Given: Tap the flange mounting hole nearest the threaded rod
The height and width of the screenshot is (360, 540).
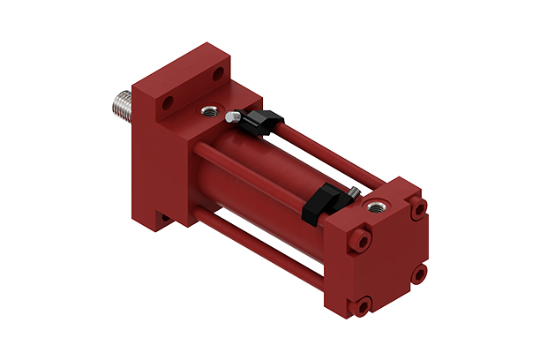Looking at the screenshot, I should (166, 105).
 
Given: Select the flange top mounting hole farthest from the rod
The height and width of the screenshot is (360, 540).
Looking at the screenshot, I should (215, 73).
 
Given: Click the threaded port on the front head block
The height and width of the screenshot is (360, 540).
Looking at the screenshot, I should (211, 109).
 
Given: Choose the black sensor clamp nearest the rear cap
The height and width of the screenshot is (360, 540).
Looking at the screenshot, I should (319, 202).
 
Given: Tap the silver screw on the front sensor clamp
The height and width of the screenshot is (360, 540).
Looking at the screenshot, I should (230, 116).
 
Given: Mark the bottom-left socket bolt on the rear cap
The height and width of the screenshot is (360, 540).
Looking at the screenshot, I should (363, 305).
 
